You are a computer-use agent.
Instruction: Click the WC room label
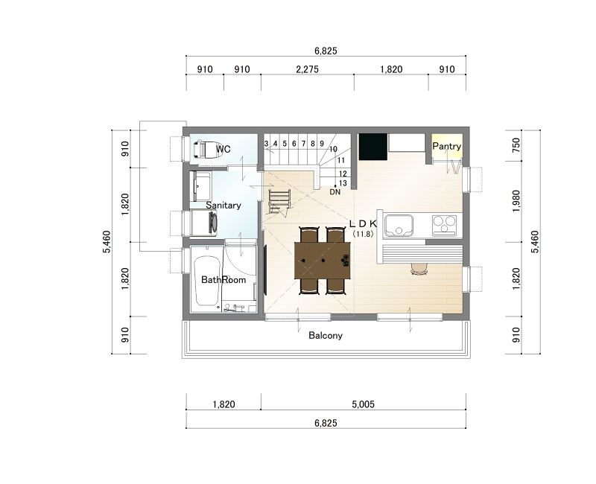point(223,149)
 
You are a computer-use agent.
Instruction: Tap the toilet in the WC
point(204,149)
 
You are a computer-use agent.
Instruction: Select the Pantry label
point(446,146)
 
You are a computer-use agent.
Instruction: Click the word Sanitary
point(223,206)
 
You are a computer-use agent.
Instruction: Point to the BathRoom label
point(223,280)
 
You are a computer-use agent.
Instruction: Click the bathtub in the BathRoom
point(206,281)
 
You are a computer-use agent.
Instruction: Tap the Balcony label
point(326,336)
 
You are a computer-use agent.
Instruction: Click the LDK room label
point(363,223)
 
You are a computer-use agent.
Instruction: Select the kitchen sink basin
point(399,226)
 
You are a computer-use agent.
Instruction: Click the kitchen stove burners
point(444,224)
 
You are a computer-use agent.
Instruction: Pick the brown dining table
point(323,261)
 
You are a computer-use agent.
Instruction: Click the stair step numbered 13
point(343,183)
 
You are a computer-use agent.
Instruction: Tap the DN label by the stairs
point(335,192)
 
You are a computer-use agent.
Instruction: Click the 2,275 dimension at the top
point(307,69)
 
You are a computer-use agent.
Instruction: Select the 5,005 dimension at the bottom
point(363,404)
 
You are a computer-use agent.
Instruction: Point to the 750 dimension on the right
point(516,145)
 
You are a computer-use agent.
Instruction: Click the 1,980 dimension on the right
point(516,201)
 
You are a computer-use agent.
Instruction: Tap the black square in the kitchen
point(373,146)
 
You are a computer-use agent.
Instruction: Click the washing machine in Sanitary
point(203,223)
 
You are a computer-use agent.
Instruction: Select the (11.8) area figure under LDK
point(363,234)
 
